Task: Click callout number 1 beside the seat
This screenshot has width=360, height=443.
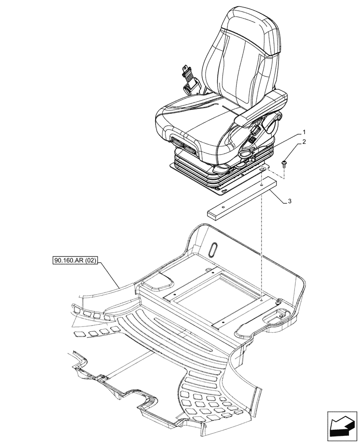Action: pyautogui.click(x=305, y=132)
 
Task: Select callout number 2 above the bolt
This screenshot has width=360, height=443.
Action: pyautogui.click(x=305, y=142)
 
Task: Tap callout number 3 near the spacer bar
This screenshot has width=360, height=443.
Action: pyautogui.click(x=290, y=201)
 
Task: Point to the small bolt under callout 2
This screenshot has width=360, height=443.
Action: pyautogui.click(x=285, y=164)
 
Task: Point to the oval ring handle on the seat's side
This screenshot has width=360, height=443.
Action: pyautogui.click(x=244, y=153)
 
